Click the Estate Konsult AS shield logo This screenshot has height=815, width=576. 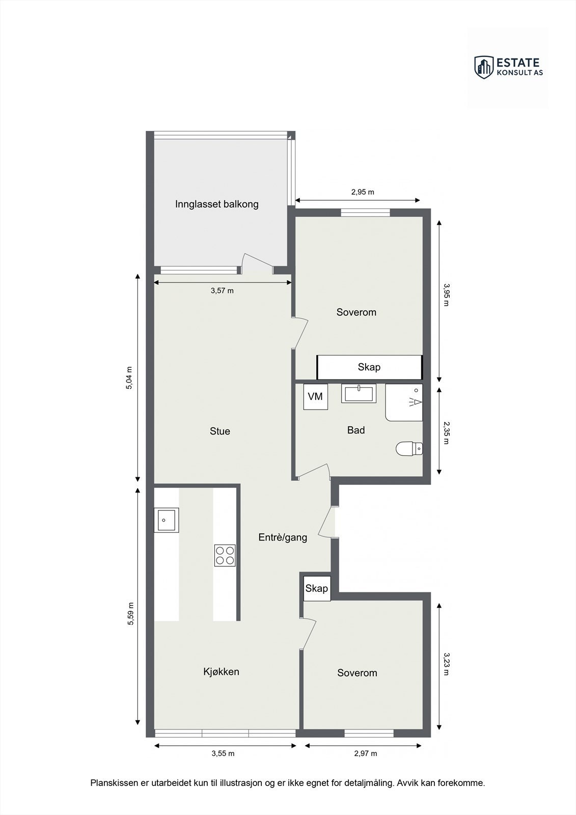(x=484, y=67)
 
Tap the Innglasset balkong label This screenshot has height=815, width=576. (x=217, y=204)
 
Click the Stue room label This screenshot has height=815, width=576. (x=220, y=431)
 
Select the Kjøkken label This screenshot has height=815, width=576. (x=221, y=671)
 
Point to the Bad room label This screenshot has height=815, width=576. (x=356, y=430)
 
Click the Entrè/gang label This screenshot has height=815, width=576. (x=283, y=537)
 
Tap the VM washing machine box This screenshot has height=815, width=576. (x=316, y=396)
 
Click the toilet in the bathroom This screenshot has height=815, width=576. (x=409, y=448)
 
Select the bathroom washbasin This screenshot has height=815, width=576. (x=359, y=394)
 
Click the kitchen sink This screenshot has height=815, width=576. (x=166, y=520)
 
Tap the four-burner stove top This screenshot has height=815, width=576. (x=225, y=555)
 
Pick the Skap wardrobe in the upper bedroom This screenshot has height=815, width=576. (x=369, y=367)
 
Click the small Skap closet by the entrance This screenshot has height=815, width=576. (x=316, y=588)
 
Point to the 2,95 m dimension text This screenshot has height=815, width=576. (x=363, y=192)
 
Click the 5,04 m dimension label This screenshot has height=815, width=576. (x=129, y=378)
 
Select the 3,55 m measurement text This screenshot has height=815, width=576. (x=223, y=753)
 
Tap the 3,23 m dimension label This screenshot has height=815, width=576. (x=446, y=664)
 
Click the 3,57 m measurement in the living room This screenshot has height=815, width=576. (x=222, y=290)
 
